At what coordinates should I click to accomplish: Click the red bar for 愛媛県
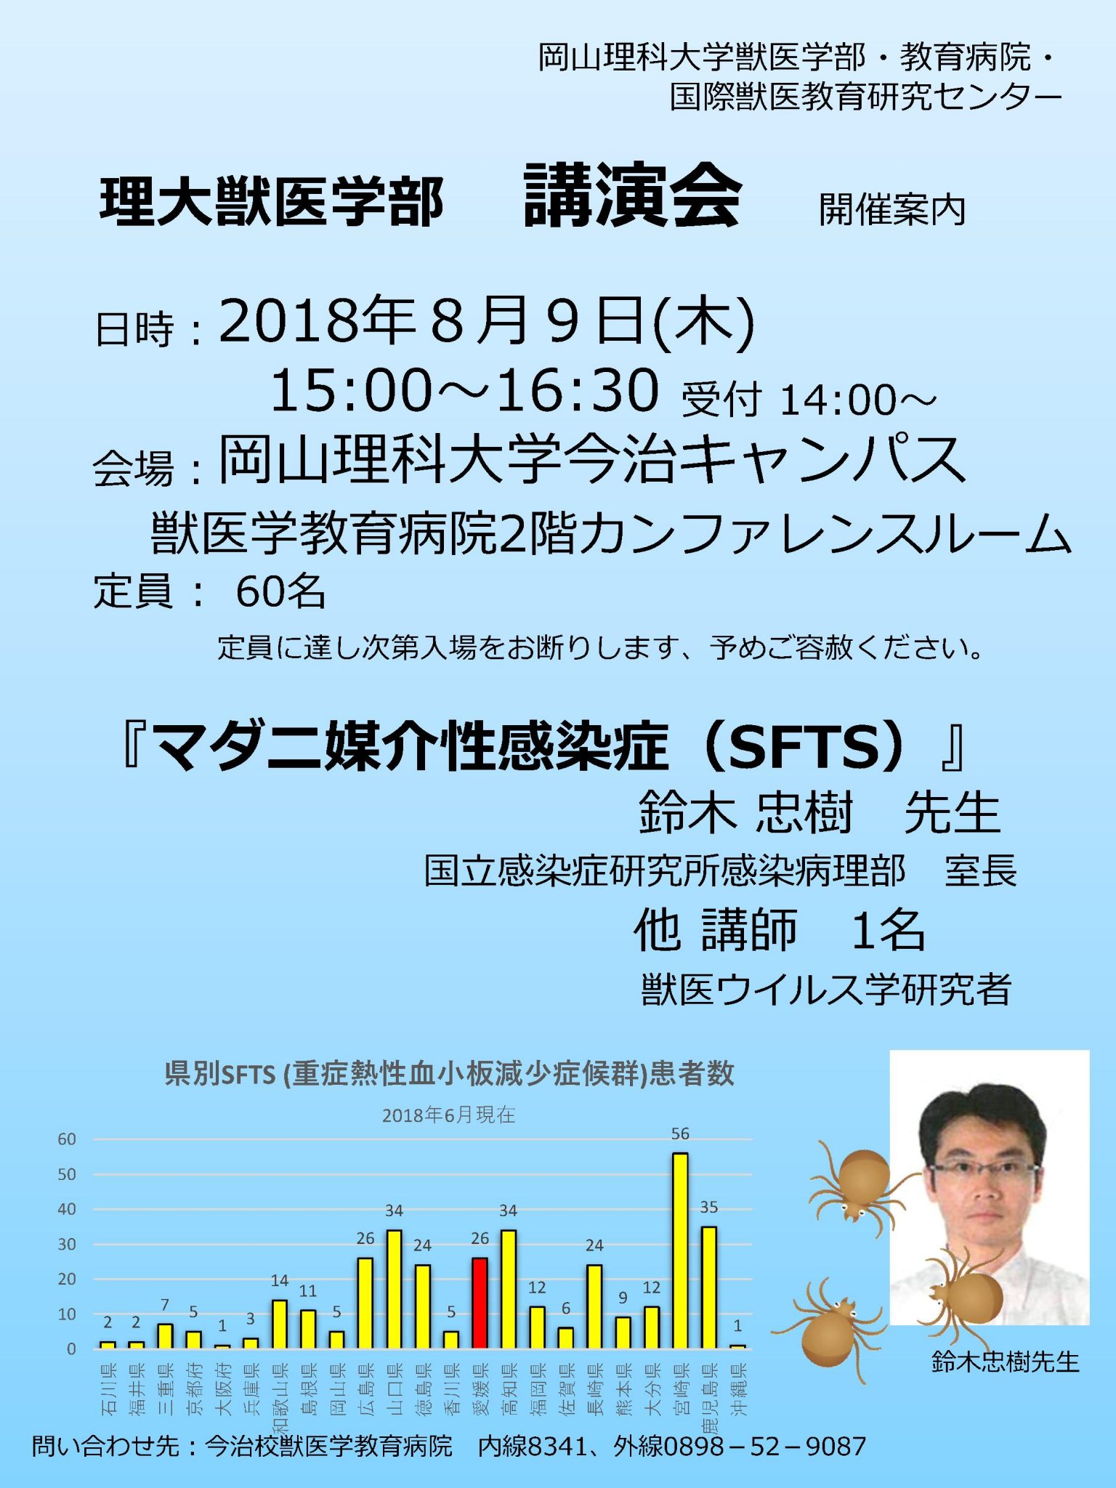pyautogui.click(x=480, y=1303)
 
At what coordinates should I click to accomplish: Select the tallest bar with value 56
pyautogui.click(x=680, y=1250)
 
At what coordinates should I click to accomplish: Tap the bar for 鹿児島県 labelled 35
pyautogui.click(x=709, y=1287)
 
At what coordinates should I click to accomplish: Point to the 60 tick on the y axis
pyautogui.click(x=67, y=1139)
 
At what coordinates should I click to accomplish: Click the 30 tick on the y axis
pyautogui.click(x=67, y=1244)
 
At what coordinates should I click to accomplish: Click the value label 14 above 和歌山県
pyautogui.click(x=280, y=1280)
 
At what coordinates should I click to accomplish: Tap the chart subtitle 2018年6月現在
pyautogui.click(x=448, y=1115)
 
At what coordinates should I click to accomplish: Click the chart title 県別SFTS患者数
pyautogui.click(x=449, y=1073)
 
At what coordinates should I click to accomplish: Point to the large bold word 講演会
pyautogui.click(x=632, y=195)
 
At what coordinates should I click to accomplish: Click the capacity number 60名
pyautogui.click(x=280, y=591)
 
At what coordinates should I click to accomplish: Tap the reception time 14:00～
pyautogui.click(x=857, y=400)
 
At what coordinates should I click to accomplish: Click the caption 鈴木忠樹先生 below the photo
pyautogui.click(x=1005, y=1362)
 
